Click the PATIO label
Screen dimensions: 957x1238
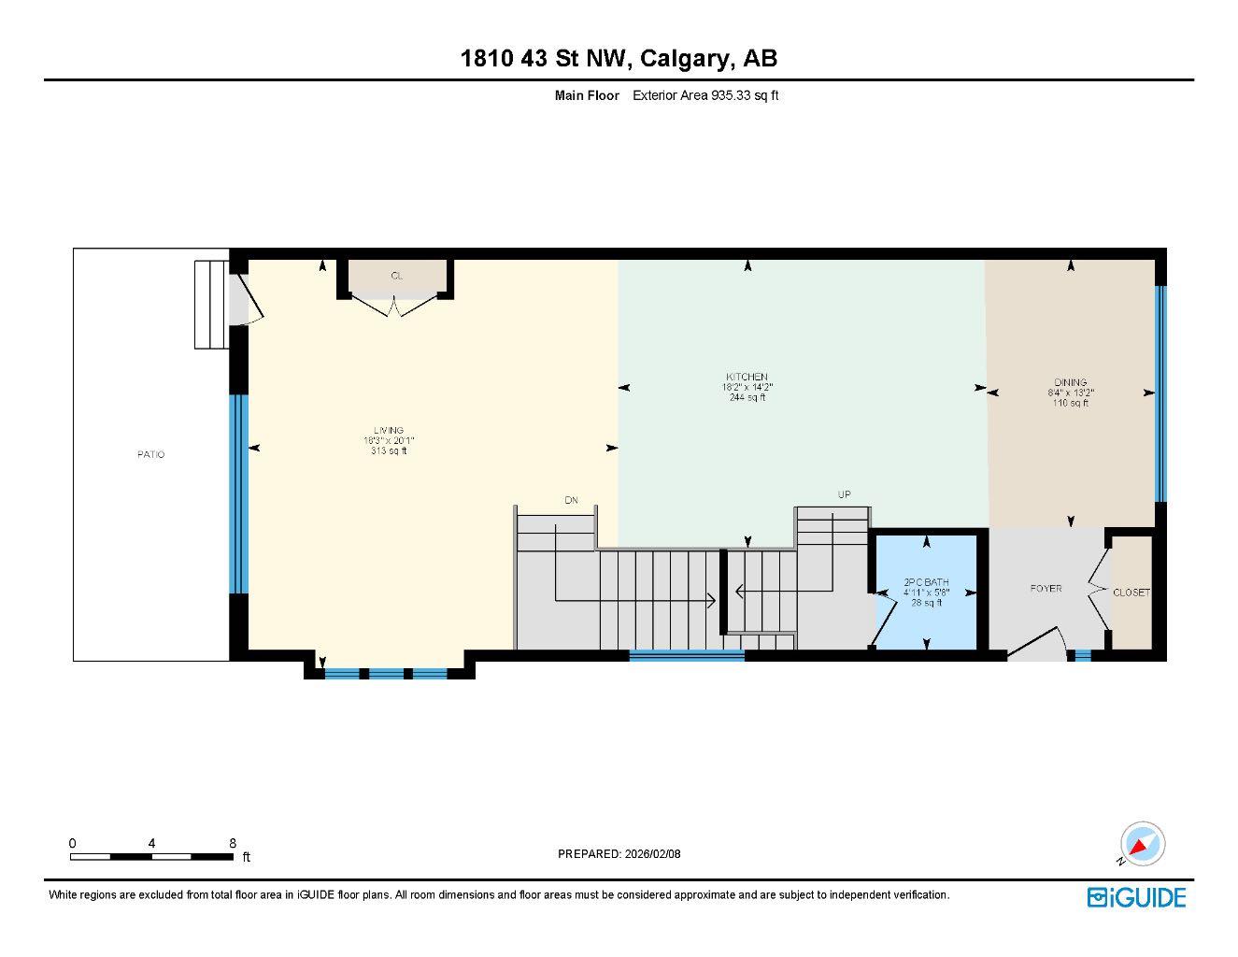coord(150,454)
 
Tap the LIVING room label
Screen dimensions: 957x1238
coord(389,431)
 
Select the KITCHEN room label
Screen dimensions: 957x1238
coord(747,377)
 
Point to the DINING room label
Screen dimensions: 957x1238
coord(1071,382)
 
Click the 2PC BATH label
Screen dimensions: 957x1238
coord(926,582)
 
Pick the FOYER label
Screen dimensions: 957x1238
coord(1046,589)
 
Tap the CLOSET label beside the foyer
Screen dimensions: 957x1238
coord(1131,593)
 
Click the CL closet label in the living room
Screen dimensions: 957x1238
coord(396,276)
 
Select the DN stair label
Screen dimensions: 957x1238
coord(571,500)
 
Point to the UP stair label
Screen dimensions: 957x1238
coord(844,494)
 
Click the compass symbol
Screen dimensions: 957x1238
coord(1142,844)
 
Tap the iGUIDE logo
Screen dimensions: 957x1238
coord(1136,897)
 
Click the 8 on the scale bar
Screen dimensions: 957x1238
coord(233,842)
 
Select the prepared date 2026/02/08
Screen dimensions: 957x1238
coord(653,853)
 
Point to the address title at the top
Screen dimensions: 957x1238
coord(619,58)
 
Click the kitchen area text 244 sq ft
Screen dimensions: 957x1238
coord(747,398)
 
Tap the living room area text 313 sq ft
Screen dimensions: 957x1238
coord(389,451)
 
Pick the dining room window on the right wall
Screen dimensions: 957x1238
coord(1160,393)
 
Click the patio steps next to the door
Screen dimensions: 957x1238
coord(210,305)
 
